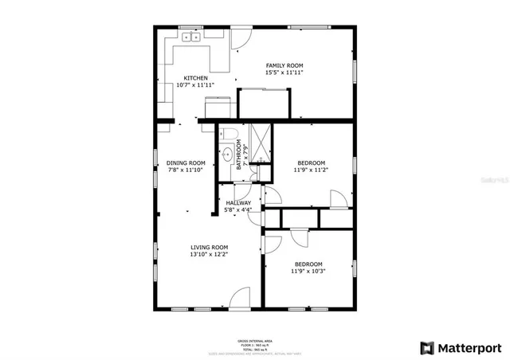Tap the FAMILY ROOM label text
pyautogui.click(x=284, y=65)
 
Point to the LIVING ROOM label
pyautogui.click(x=209, y=247)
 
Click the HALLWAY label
pyautogui.click(x=238, y=203)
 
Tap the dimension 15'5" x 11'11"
pyautogui.click(x=284, y=72)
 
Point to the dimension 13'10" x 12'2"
pyautogui.click(x=209, y=254)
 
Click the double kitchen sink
pyautogui.click(x=191, y=37)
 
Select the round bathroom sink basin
pyautogui.click(x=226, y=155)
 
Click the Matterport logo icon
pyautogui.click(x=427, y=347)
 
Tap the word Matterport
pyautogui.click(x=469, y=347)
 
